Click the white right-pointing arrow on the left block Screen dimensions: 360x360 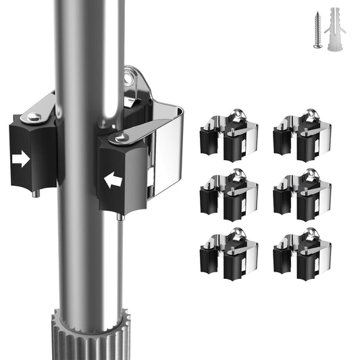point(22,159)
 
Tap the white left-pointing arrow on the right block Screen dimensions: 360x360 point(112,180)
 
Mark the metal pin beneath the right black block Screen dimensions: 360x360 point(120,217)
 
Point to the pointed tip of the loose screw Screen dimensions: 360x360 point(318,49)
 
